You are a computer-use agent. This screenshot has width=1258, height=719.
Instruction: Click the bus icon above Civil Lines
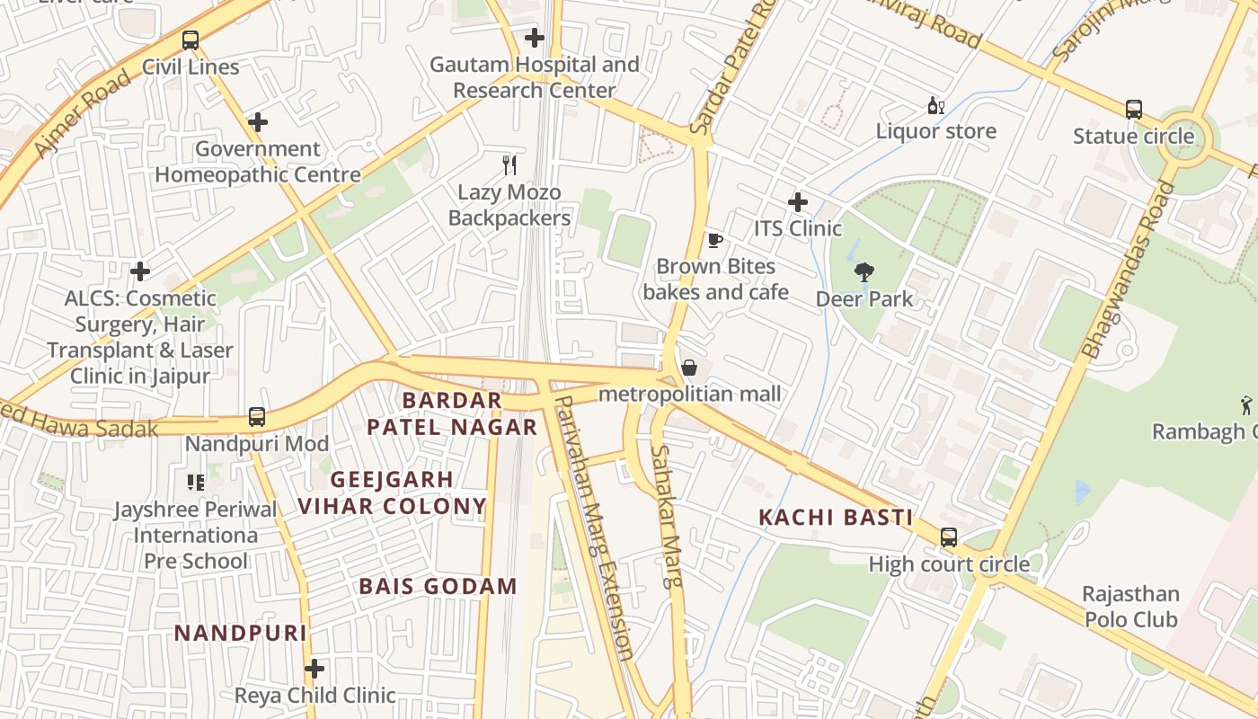click(190, 40)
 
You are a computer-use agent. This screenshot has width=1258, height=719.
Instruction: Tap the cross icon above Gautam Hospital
click(535, 38)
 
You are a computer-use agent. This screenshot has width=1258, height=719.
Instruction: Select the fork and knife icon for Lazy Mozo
click(509, 164)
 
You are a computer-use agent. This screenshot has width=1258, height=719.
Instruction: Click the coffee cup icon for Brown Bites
click(714, 240)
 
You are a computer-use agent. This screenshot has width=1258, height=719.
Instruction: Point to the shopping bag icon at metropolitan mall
click(689, 368)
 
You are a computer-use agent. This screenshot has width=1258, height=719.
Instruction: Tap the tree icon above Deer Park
click(864, 271)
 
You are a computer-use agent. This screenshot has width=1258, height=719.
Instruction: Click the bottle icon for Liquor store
click(935, 105)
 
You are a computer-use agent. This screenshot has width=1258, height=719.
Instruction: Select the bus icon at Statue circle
click(1134, 110)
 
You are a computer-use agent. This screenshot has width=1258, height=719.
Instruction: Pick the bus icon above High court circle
click(949, 537)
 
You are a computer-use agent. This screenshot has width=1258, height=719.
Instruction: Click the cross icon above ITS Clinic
click(798, 202)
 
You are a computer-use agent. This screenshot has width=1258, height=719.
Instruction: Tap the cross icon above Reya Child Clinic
click(314, 669)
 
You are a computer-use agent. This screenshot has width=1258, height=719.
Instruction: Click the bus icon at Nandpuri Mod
click(257, 417)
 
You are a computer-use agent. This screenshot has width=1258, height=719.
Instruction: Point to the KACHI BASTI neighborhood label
click(836, 518)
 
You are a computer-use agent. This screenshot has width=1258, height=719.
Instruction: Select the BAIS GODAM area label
click(438, 587)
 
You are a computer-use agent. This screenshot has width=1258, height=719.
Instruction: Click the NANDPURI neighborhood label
click(240, 633)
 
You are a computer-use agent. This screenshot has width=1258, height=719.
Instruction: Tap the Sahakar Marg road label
click(668, 516)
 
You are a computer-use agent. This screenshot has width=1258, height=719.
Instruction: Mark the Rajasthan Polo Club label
click(1130, 607)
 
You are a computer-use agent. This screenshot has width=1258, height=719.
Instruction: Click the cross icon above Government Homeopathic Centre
click(258, 122)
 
